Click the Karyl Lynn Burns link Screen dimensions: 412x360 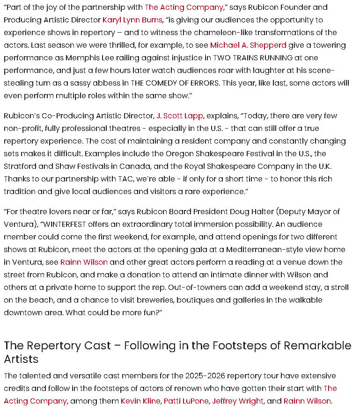click(132, 20)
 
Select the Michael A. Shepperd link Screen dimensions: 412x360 click(248, 45)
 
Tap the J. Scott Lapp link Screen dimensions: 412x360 click(180, 116)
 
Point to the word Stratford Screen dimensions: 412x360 click(22, 166)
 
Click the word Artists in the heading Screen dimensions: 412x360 click(21, 359)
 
